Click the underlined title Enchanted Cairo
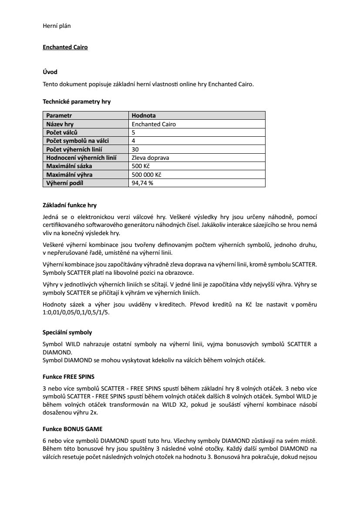click(65, 47)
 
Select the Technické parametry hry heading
click(77, 102)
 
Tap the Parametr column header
click(59, 116)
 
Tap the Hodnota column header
click(144, 116)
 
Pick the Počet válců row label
click(62, 132)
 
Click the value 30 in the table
click(135, 149)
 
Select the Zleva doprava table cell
click(150, 158)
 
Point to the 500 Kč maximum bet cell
click(141, 166)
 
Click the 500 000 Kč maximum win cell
click(146, 175)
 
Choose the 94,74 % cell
click(142, 183)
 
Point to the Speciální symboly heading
click(67, 332)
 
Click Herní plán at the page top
click(57, 26)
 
